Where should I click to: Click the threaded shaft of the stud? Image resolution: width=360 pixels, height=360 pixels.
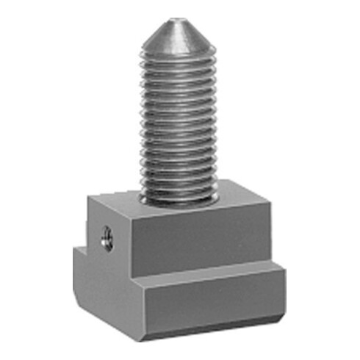click(177, 125)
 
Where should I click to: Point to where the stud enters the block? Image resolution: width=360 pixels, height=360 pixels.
click(177, 197)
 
